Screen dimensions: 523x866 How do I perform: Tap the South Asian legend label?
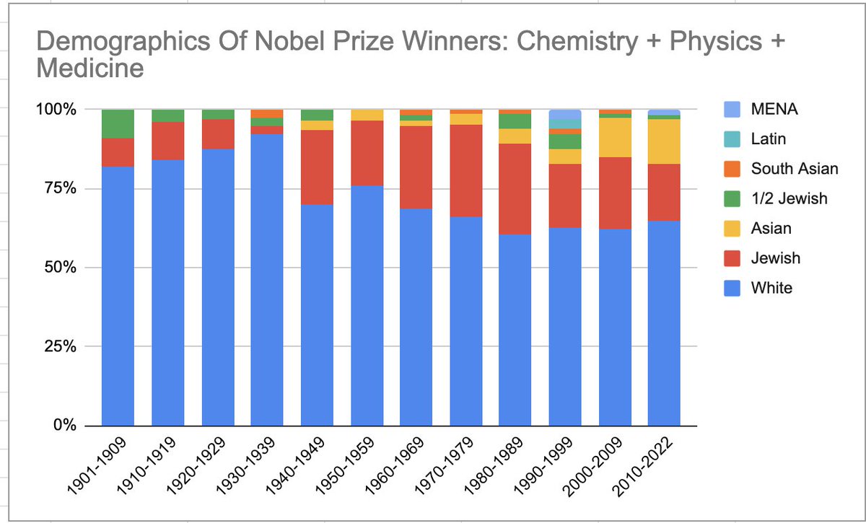[795, 169]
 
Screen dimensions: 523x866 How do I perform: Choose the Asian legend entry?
[771, 228]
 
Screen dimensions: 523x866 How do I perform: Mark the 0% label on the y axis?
[64, 426]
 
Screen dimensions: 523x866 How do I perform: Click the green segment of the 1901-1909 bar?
[118, 123]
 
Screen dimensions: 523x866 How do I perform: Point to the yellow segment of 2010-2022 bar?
[665, 141]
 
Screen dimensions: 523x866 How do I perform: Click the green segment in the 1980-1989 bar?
[516, 121]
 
